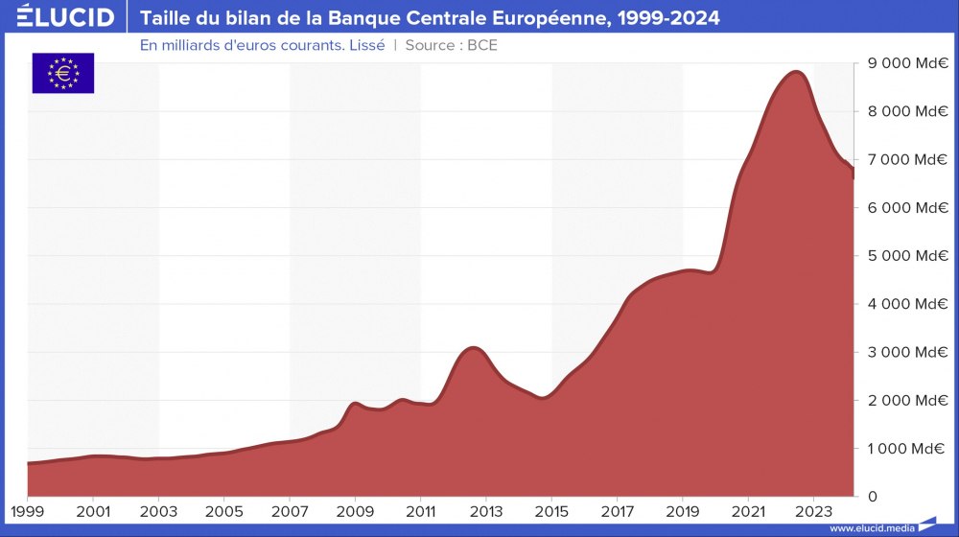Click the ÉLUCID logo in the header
tap(65, 18)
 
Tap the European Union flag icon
tap(63, 73)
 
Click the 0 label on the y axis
tap(872, 497)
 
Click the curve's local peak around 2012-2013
tap(471, 348)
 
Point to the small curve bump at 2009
tap(355, 404)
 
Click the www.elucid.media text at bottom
tap(871, 528)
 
